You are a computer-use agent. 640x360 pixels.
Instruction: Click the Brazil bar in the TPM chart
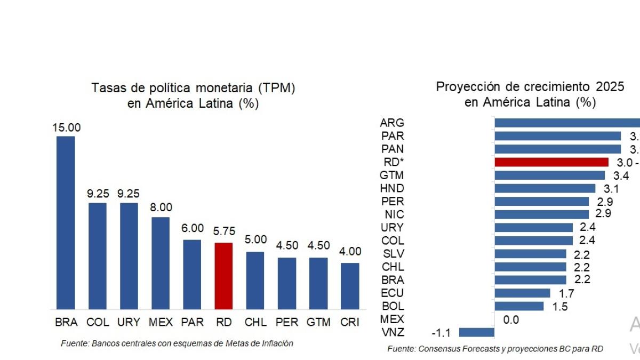coord(66,222)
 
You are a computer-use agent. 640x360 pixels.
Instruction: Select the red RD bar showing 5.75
coord(223,276)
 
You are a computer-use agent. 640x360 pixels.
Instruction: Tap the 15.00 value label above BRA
coord(66,128)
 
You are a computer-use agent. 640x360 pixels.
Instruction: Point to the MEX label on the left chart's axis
coord(161,322)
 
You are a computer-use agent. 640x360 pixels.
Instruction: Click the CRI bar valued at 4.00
coord(349,286)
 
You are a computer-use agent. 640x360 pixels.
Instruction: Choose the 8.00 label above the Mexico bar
coord(161,209)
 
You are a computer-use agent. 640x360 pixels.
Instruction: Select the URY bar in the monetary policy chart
coord(129,256)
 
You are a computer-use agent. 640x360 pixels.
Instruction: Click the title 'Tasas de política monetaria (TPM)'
coord(193,88)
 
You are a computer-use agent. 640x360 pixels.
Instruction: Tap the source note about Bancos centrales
coord(177,343)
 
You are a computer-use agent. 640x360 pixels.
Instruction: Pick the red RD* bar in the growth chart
coord(551,162)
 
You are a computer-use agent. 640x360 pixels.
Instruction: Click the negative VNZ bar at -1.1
coord(476,332)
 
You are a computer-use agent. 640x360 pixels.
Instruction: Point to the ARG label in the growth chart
coord(392,123)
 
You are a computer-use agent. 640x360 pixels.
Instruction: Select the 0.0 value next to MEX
coord(511,320)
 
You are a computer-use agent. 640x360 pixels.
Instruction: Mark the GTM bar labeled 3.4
coord(550,175)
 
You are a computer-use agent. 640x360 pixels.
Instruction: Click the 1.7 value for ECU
coord(566,293)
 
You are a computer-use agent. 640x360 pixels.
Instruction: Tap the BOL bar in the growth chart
coord(519,306)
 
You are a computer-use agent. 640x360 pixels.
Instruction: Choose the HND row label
coord(393,188)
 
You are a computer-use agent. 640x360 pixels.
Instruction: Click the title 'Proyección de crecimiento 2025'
coord(530,87)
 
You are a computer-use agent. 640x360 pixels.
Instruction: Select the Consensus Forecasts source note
coord(495,349)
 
